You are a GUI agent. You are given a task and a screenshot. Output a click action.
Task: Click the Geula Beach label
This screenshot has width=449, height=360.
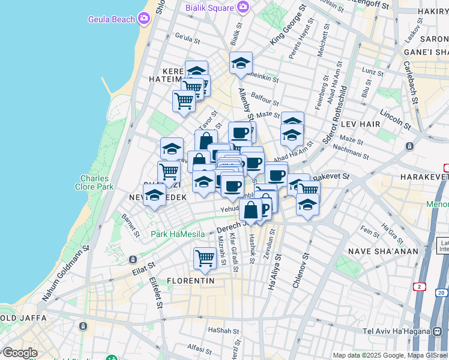pyautogui.click(x=112, y=19)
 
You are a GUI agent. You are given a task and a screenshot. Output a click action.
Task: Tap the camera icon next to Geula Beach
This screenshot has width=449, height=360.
pyautogui.click(x=143, y=19)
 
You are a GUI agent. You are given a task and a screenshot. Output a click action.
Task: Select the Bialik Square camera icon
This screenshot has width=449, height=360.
pyautogui.click(x=243, y=7)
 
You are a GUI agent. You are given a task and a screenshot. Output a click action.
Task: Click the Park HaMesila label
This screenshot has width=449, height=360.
pyautogui.click(x=178, y=234)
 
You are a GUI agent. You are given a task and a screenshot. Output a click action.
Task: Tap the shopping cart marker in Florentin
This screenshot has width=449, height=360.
pyautogui.click(x=205, y=258)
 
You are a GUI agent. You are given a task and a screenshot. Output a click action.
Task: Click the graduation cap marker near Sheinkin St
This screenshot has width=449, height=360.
pyautogui.click(x=241, y=63)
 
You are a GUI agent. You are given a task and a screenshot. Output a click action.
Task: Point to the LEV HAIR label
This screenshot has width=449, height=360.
pyautogui.click(x=361, y=123)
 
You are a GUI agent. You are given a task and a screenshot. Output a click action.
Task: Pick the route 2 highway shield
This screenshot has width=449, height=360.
pyautogui.click(x=418, y=287)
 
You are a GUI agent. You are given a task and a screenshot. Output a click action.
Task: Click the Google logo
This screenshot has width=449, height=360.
pyautogui.click(x=20, y=352)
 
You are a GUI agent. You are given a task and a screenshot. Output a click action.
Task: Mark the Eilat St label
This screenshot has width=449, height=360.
pyautogui.click(x=143, y=268)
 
